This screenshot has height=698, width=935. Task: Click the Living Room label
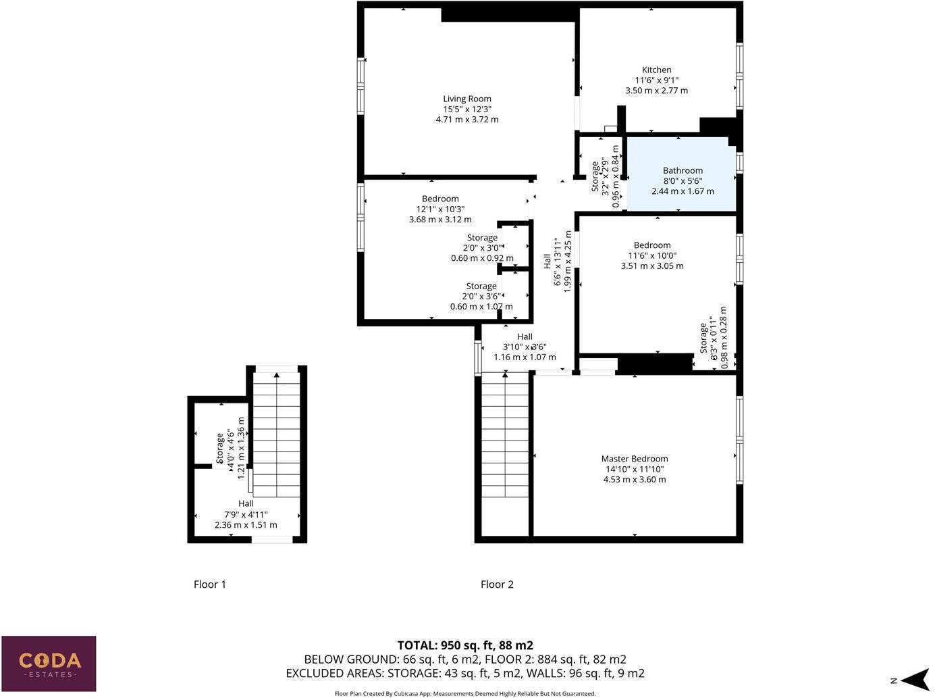(466, 99)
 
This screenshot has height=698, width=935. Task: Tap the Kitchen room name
(656, 70)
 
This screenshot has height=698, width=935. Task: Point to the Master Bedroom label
(635, 459)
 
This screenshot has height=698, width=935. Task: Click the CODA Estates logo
(49, 663)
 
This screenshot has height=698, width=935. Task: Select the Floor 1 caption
(209, 584)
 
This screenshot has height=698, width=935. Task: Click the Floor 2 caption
(497, 584)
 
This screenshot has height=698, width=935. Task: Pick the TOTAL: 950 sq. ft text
(465, 645)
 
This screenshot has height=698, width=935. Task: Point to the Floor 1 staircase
(276, 432)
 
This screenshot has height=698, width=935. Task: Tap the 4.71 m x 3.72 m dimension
(466, 120)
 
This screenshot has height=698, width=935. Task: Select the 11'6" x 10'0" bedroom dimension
(651, 256)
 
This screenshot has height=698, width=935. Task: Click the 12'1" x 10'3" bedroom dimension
(440, 209)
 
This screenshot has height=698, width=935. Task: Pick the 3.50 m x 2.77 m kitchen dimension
(656, 91)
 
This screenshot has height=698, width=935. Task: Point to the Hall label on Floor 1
(246, 503)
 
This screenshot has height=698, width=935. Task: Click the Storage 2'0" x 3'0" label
(482, 238)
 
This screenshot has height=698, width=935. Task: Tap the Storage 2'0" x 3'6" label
(481, 286)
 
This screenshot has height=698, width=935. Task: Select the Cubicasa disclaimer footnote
(465, 693)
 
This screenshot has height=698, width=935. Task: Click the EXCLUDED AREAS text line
(465, 673)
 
